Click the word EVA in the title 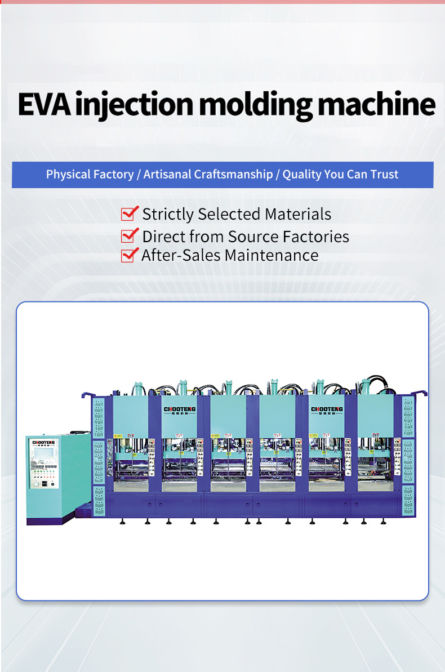(x=44, y=104)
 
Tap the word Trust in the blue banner (x=384, y=175)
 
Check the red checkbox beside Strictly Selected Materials (x=130, y=213)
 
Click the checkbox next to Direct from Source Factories (x=130, y=235)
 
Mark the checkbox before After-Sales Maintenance (x=130, y=255)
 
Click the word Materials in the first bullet (x=298, y=214)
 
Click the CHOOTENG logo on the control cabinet (x=44, y=443)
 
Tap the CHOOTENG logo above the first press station (x=179, y=410)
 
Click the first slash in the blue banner (x=139, y=175)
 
